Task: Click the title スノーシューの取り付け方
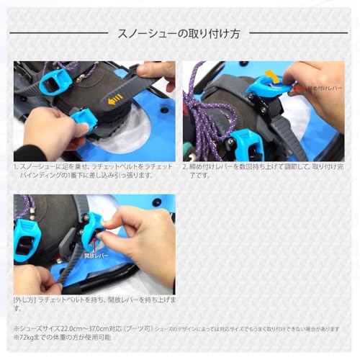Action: pyautogui.click(x=179, y=33)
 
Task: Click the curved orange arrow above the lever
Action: pyautogui.click(x=271, y=75)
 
